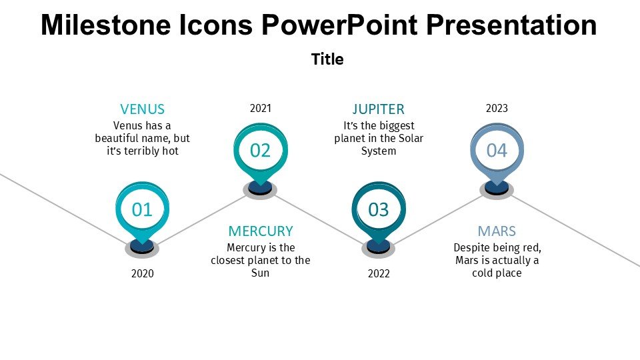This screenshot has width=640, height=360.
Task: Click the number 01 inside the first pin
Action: tap(142, 210)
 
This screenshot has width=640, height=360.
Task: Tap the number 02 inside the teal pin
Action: tap(260, 151)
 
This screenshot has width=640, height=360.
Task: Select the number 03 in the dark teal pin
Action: tap(379, 210)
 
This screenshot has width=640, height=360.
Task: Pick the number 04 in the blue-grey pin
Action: tap(497, 151)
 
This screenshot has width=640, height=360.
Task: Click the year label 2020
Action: tap(143, 273)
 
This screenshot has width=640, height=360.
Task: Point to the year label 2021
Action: tap(261, 108)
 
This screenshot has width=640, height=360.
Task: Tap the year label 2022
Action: tap(379, 273)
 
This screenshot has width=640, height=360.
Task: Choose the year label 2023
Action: tap(497, 108)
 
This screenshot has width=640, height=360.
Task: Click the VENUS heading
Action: tap(143, 109)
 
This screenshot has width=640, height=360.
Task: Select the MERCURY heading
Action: tap(261, 231)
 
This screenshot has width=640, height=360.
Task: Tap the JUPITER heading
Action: tap(379, 109)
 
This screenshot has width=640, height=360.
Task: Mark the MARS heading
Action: tap(497, 231)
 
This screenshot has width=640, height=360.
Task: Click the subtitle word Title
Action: tap(327, 59)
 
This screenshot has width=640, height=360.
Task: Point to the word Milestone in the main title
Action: tap(106, 25)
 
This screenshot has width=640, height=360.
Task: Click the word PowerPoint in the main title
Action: tap(339, 25)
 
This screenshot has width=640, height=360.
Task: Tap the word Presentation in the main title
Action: tap(511, 25)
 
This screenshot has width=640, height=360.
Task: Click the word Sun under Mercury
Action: tap(261, 273)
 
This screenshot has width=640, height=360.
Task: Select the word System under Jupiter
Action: tap(379, 151)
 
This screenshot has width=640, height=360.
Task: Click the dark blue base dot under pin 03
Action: tap(379, 246)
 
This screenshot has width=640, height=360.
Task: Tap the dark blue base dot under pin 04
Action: tap(497, 187)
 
